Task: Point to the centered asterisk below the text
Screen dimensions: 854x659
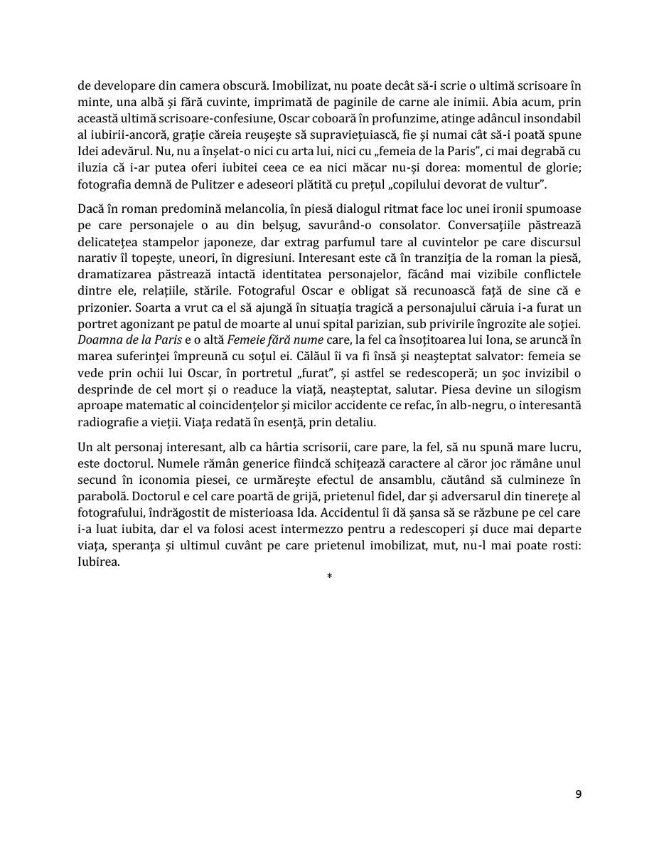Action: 329,576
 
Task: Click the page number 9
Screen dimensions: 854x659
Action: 578,795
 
